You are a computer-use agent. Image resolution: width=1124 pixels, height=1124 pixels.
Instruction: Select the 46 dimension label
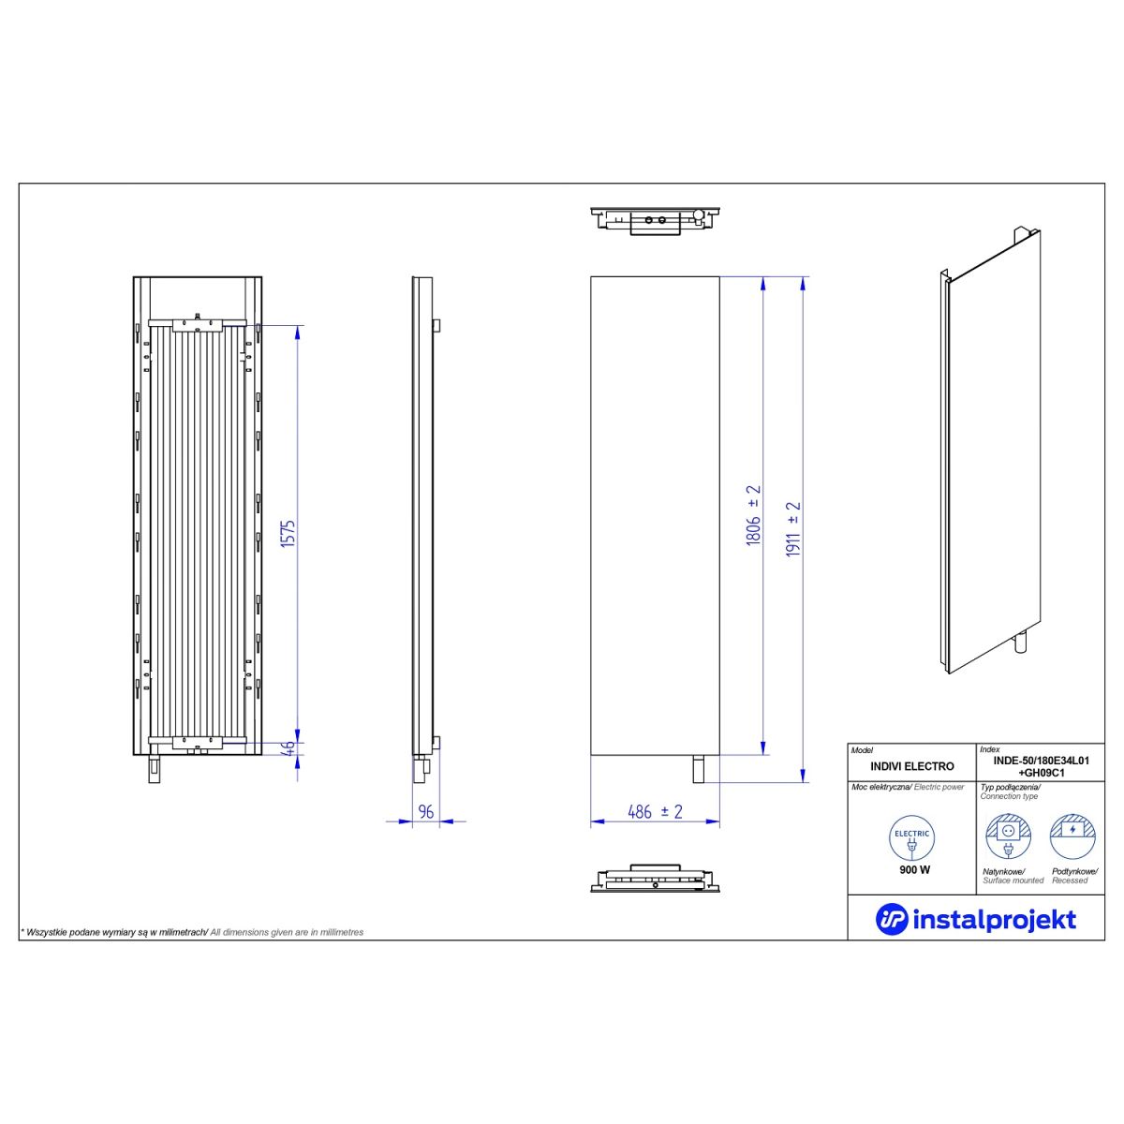(289, 747)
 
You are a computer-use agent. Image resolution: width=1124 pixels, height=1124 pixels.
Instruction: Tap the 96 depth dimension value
(426, 811)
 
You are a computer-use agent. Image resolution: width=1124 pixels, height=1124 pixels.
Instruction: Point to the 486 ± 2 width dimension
(655, 811)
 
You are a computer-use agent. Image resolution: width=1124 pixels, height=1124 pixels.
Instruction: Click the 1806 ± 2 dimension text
(754, 515)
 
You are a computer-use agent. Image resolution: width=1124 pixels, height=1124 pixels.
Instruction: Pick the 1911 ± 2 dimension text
(793, 529)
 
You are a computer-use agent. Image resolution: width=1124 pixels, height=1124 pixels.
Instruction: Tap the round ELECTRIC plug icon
(911, 838)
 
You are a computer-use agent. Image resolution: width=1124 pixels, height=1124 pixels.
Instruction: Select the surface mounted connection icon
(1008, 837)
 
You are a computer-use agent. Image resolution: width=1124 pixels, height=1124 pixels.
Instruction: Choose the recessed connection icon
(1072, 837)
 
